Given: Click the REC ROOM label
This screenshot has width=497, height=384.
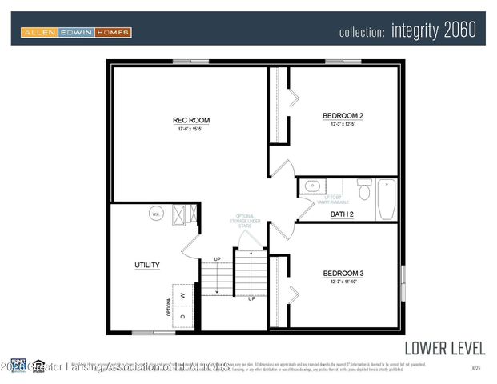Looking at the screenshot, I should click(191, 120).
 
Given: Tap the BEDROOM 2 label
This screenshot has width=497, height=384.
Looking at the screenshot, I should click(343, 116).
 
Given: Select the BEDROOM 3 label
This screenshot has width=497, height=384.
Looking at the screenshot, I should click(343, 274).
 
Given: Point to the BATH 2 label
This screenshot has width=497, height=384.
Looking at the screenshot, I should click(342, 214).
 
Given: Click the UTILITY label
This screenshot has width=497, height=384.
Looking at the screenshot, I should click(146, 265).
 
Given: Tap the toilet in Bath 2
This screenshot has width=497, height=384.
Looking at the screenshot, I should click(363, 190).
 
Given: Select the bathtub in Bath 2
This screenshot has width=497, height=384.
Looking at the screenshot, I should click(386, 199).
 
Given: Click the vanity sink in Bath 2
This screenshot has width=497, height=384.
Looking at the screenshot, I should click(311, 186).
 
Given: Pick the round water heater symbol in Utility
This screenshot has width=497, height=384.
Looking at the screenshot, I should click(157, 214).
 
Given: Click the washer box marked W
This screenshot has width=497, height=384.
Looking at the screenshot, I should click(183, 294).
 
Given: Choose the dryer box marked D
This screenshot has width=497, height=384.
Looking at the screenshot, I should click(183, 315).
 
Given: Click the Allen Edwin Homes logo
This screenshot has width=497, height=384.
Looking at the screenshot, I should click(76, 33).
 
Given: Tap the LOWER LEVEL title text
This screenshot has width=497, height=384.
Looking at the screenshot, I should click(444, 348).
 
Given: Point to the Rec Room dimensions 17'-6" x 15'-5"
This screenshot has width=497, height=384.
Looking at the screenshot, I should click(191, 129).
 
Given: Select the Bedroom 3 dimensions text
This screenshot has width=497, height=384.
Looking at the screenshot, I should click(343, 282).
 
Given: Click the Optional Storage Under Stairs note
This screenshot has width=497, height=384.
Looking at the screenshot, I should click(243, 222).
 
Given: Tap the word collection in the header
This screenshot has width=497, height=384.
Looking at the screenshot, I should click(363, 33).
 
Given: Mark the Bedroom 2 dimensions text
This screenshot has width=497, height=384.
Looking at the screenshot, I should click(343, 125).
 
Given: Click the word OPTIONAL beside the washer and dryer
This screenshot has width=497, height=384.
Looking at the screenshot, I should click(169, 305).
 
